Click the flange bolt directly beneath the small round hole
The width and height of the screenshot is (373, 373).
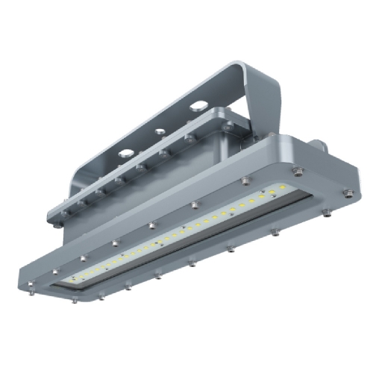coord(162,154)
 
